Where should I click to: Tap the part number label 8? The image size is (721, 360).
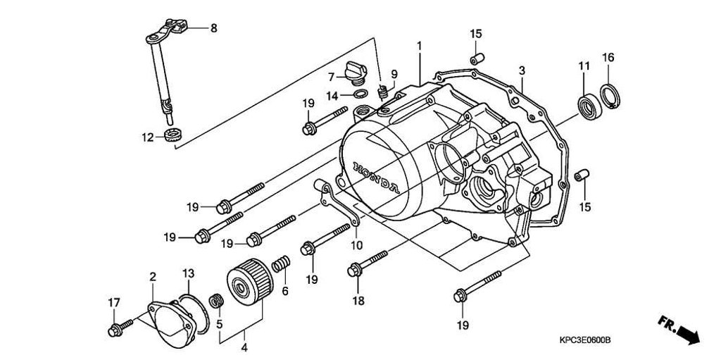(x=214, y=28)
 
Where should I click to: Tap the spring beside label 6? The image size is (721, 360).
(x=281, y=266)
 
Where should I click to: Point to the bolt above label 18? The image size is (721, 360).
(x=366, y=262)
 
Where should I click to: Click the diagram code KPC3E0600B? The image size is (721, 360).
(x=582, y=341)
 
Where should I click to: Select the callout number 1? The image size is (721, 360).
(x=419, y=46)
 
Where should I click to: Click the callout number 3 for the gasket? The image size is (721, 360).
(x=522, y=70)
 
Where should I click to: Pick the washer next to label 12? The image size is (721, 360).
(x=170, y=134)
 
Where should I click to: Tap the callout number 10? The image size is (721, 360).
(x=356, y=245)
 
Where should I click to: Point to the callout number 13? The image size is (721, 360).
(x=188, y=273)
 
